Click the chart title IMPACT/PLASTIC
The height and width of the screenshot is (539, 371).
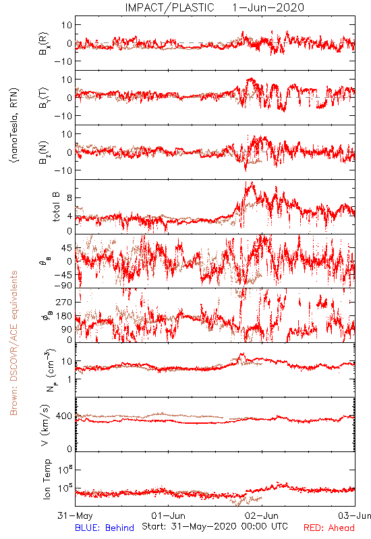click(x=169, y=7)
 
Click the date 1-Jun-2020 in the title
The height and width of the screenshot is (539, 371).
click(x=268, y=7)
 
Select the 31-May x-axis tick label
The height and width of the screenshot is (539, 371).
click(x=75, y=515)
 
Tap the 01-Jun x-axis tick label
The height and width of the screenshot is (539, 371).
click(x=168, y=515)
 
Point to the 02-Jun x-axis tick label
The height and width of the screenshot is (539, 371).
click(x=262, y=515)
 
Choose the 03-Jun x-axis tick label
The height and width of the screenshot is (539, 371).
click(x=355, y=515)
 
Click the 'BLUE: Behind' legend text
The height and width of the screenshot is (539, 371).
click(x=105, y=528)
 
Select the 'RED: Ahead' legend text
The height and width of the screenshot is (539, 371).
click(x=329, y=528)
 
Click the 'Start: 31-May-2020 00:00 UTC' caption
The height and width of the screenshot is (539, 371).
click(x=215, y=526)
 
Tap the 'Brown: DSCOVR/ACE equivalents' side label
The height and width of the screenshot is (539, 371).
click(x=13, y=343)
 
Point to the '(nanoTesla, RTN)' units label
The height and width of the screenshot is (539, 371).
click(x=14, y=125)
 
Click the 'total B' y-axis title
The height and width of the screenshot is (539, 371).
click(x=56, y=207)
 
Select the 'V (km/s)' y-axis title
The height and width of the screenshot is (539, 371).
click(x=45, y=425)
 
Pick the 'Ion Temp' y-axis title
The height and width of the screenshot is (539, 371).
click(x=47, y=479)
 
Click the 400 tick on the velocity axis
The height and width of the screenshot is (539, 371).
click(x=64, y=416)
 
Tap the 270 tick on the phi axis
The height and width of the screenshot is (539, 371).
click(x=64, y=302)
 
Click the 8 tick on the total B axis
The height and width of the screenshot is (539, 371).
click(x=69, y=197)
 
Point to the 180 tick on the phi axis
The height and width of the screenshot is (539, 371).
click(x=64, y=316)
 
